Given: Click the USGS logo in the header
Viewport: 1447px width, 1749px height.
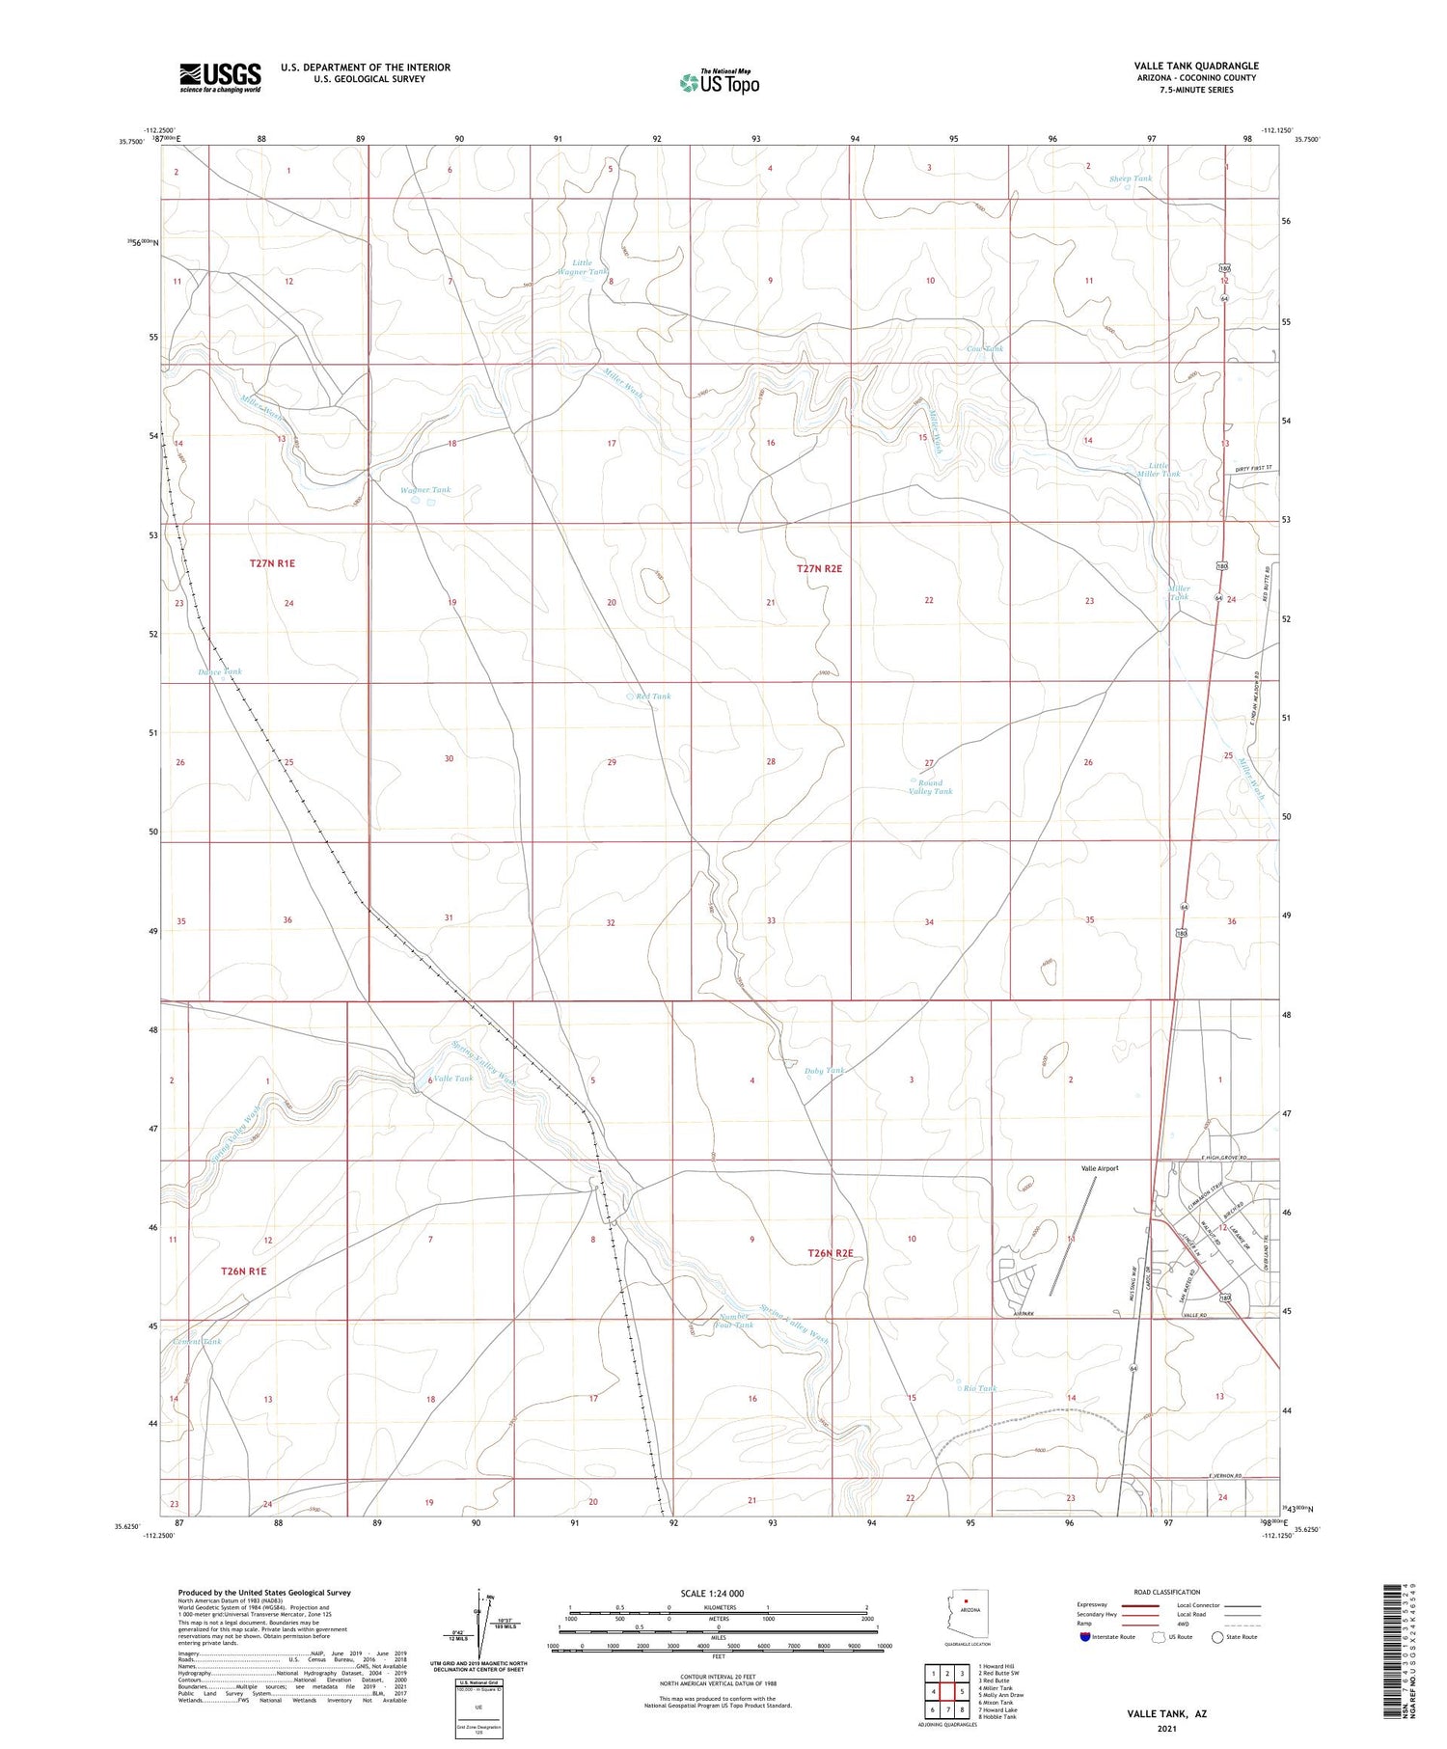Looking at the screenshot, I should pos(220,77).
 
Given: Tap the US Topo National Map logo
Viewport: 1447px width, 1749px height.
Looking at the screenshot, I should pos(719,82).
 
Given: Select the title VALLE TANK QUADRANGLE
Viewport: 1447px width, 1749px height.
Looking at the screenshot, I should pos(1196,66).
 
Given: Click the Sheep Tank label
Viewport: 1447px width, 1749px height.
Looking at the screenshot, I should pos(1130,178).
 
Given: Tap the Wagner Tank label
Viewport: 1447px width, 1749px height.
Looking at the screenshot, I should pos(425,490).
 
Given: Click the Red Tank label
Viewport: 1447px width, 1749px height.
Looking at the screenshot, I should pos(653,697).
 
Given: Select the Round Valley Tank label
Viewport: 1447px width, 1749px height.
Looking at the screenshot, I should pos(930,787).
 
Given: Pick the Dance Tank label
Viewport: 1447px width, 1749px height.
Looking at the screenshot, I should pos(220,671).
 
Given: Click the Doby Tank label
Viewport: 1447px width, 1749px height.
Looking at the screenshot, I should pos(825,1071).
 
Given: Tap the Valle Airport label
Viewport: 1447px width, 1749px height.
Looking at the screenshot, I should pos(1099,1168).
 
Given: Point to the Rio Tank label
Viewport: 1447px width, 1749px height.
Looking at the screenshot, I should pos(980,1388).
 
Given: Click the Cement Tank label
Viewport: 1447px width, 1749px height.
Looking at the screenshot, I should pos(198,1342).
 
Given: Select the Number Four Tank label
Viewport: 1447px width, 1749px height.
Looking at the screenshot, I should pos(734,1321).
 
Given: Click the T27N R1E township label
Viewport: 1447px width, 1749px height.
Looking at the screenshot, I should pos(272,562).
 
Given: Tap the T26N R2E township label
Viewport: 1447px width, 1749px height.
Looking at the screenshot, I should pos(831,1254).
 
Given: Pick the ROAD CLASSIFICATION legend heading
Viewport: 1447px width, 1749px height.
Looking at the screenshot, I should pos(1167,1592).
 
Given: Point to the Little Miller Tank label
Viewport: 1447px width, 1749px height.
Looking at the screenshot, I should pos(1158,469).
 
